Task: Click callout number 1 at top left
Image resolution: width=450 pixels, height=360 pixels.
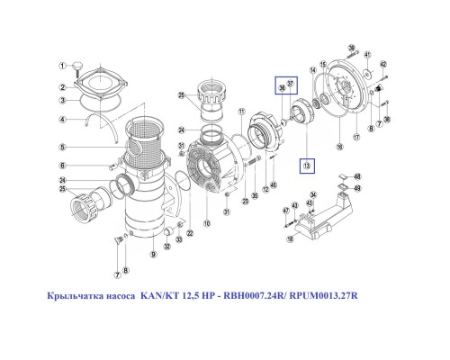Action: pos(64,66)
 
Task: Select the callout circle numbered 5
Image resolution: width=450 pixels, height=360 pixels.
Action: pos(64,146)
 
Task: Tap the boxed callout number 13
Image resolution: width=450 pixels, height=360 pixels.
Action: pos(307,165)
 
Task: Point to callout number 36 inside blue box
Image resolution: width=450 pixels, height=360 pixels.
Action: pos(281,87)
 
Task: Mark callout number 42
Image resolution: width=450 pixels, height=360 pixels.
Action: pos(382,65)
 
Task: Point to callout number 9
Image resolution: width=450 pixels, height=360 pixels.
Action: pos(152,256)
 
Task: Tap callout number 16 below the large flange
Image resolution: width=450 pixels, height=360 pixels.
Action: pos(337,147)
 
